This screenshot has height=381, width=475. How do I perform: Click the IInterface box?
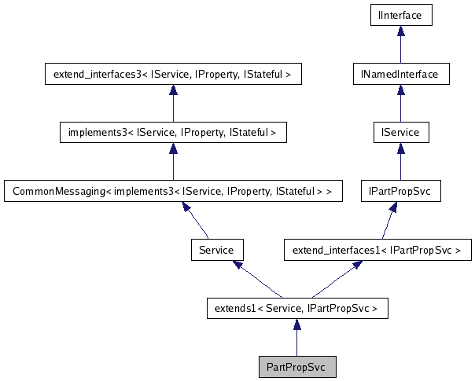pos(401,15)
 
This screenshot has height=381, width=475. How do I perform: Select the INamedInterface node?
pos(401,75)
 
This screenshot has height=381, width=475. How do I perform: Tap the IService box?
pos(401,133)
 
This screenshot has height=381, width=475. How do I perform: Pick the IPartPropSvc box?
pos(401,191)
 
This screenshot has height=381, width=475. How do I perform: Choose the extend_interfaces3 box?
pos(172,75)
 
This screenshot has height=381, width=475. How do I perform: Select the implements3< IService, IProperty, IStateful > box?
pos(172,133)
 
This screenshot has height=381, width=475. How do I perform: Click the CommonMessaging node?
pos(172,191)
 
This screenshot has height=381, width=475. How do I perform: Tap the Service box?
pos(216,251)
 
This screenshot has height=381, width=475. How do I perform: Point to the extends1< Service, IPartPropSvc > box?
pos(296,309)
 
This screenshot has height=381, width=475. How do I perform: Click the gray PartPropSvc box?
pos(297,367)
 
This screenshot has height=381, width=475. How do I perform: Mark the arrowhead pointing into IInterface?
pos(401,31)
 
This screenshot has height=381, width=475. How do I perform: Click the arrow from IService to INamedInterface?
pos(401,104)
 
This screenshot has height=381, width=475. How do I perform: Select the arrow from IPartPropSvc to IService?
pos(401,162)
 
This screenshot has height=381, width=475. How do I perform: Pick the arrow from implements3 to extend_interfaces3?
pos(172,104)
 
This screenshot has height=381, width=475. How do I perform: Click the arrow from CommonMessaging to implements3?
pos(172,162)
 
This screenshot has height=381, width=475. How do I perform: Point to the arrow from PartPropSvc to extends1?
pos(296,338)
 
